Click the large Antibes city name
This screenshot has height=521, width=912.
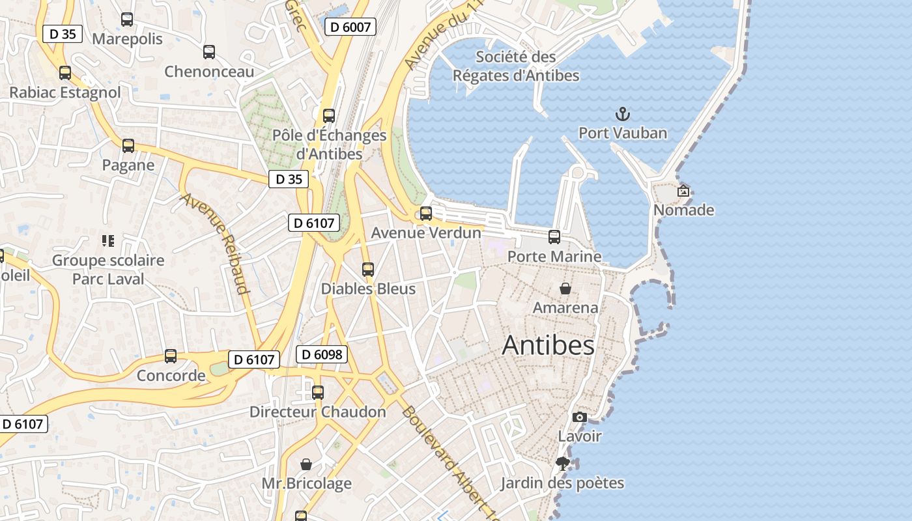click(x=548, y=345)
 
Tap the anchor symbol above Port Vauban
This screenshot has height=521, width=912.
click(x=623, y=114)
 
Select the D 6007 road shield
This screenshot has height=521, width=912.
click(x=350, y=27)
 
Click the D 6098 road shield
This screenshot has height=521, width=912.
click(x=322, y=354)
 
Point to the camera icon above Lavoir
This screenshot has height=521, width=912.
click(x=580, y=417)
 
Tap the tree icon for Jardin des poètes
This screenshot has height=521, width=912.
click(x=563, y=464)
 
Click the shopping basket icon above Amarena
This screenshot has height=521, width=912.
click(x=565, y=288)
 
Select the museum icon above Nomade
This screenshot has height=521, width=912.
click(x=683, y=191)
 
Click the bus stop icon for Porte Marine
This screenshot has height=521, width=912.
click(x=554, y=237)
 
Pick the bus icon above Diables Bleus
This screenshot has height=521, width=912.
click(x=368, y=269)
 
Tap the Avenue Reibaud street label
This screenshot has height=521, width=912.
click(x=217, y=243)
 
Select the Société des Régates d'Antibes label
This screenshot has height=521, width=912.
click(x=516, y=66)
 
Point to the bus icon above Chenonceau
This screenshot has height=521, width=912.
click(x=209, y=52)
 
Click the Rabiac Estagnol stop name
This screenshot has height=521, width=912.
click(x=65, y=92)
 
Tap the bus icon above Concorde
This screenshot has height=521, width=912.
click(x=171, y=356)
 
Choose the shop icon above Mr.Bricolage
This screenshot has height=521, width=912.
click(x=306, y=464)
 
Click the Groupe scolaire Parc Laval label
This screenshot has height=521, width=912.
click(x=108, y=270)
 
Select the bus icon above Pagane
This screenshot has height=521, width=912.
click(x=128, y=146)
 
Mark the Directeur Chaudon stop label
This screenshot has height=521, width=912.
click(x=318, y=412)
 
